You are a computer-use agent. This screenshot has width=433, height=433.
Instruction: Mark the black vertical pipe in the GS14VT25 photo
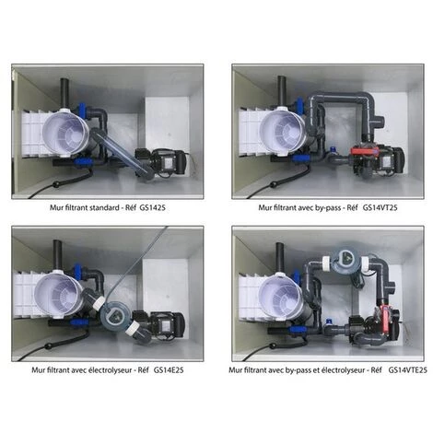pyautogui.click(x=279, y=90)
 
